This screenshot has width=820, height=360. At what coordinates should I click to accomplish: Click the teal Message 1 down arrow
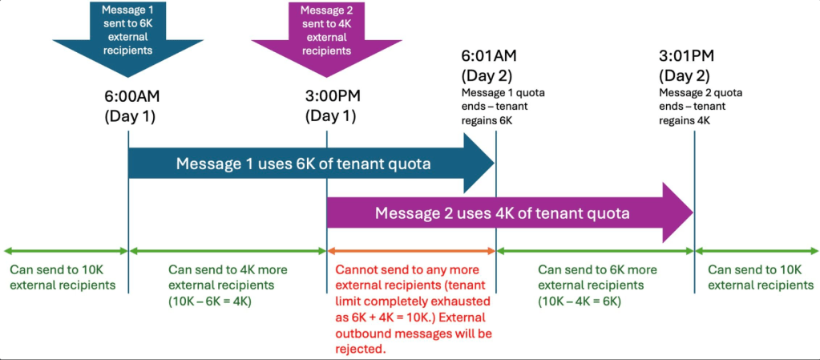tap(127, 37)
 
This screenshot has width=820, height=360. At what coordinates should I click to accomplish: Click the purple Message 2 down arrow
tap(325, 37)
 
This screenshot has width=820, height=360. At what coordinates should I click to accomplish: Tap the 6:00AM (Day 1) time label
tap(129, 104)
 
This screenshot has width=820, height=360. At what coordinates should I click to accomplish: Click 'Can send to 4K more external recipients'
tap(227, 277)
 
